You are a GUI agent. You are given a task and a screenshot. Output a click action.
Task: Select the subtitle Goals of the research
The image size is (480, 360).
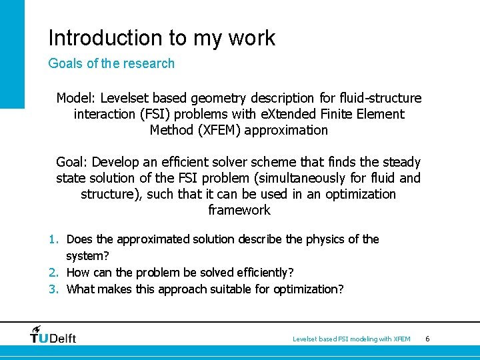tap(111, 64)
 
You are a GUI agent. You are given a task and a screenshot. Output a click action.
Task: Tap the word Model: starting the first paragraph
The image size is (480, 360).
tap(76, 99)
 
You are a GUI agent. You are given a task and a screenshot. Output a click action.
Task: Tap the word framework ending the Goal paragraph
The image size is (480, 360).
tap(239, 210)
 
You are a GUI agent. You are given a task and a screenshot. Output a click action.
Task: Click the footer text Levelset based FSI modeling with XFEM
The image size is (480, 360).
tap(351, 339)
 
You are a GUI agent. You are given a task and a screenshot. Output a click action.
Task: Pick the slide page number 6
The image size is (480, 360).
tap(427, 339)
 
